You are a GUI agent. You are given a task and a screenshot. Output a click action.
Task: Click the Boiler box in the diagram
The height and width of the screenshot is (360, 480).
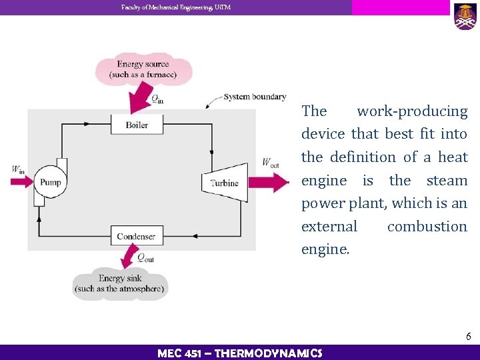[x=136, y=125]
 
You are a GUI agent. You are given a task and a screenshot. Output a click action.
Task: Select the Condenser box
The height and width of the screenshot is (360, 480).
[x=136, y=236]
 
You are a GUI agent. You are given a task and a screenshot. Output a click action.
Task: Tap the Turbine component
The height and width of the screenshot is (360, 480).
[x=222, y=181]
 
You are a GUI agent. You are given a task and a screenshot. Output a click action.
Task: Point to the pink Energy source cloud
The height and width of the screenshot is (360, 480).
[x=143, y=69]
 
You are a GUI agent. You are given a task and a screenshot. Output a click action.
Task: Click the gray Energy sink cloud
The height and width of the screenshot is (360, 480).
[x=119, y=283]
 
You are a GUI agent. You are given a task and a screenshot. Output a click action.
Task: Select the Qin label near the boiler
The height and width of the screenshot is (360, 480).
[x=157, y=99]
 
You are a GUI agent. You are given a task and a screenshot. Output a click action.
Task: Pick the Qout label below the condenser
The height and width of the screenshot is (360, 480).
[x=145, y=257]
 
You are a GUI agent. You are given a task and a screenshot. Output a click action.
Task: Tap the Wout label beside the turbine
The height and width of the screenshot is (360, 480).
[x=271, y=162]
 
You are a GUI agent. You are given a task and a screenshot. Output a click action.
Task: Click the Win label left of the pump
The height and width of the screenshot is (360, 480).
[x=18, y=169]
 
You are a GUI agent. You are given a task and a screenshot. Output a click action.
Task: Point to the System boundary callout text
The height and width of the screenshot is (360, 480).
[x=255, y=97]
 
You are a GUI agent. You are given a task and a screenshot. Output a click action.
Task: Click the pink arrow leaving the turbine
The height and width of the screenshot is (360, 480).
[x=273, y=181]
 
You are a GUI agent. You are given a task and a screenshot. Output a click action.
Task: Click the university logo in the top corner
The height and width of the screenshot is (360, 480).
[x=465, y=16]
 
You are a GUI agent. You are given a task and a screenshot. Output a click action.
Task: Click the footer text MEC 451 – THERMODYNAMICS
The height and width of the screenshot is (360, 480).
[x=239, y=353]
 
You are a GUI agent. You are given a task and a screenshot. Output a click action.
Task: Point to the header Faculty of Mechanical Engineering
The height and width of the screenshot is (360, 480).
[x=176, y=7]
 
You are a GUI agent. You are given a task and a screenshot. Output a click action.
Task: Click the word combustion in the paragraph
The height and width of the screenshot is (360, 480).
[x=427, y=227]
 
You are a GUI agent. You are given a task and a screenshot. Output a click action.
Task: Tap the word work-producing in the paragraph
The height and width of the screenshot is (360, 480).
[x=412, y=111]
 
